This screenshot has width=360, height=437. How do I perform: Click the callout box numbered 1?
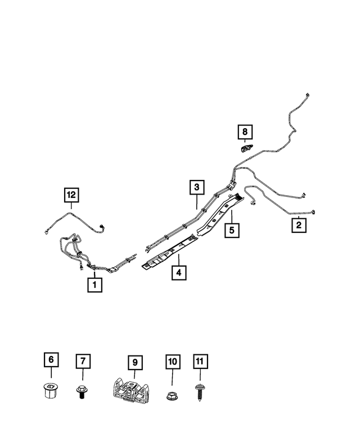(94, 285)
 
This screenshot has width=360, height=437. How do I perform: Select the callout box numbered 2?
(299, 225)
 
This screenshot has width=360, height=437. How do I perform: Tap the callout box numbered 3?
(197, 187)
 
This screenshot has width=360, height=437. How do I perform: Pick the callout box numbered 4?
(179, 273)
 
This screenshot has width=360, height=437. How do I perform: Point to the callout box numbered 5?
(232, 230)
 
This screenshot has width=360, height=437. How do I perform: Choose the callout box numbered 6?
(51, 360)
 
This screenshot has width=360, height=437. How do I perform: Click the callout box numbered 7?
(83, 361)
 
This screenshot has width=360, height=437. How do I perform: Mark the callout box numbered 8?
(245, 132)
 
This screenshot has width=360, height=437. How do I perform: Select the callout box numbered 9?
(135, 363)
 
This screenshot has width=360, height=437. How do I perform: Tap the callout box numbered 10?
(173, 362)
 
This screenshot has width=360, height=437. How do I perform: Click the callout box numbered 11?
(200, 362)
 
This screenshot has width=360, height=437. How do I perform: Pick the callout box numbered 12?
(71, 195)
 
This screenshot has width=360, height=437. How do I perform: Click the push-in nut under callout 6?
(51, 390)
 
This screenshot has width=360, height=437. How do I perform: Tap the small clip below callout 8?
(246, 148)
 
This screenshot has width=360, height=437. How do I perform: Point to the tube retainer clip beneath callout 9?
(130, 391)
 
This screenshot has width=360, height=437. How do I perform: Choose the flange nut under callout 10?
(172, 395)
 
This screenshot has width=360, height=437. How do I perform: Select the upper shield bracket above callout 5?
(220, 214)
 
